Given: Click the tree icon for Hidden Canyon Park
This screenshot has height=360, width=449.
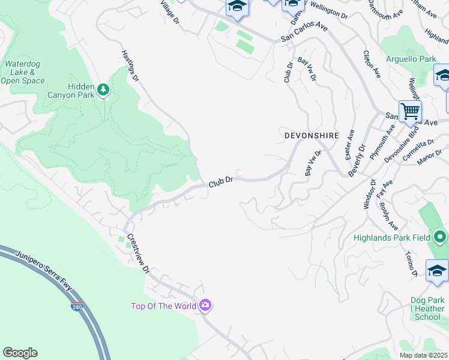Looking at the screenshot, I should pos(104,90).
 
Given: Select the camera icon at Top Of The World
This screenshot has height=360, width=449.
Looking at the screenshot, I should pos(205,306).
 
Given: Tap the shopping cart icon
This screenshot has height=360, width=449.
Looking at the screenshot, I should pos(410,110).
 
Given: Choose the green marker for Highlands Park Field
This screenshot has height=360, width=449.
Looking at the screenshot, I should pos(440,238).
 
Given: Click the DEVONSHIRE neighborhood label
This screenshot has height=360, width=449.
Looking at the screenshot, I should pos(312,136).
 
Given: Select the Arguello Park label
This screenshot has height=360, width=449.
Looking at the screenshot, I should pos(411,59).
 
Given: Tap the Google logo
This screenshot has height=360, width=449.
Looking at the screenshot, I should pos(20,353).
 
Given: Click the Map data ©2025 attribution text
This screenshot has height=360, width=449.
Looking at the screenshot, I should pos(423,355).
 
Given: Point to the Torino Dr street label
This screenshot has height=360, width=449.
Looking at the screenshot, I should pos(411,264).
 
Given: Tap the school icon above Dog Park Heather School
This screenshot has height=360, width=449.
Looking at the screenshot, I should pos(436,271).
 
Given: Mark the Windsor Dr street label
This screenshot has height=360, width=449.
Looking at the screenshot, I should pos(369,194).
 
